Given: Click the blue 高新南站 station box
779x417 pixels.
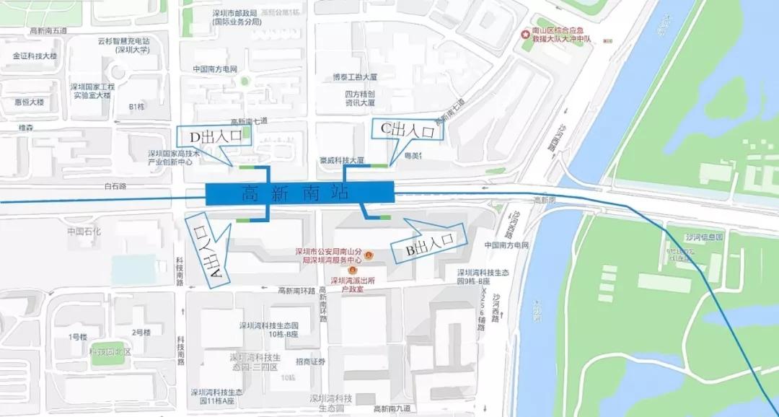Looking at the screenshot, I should (x=299, y=193).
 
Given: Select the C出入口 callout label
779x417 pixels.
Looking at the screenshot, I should (x=407, y=130).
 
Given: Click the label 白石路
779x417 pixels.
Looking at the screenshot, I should (x=115, y=186).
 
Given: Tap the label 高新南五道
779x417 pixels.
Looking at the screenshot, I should (x=48, y=30).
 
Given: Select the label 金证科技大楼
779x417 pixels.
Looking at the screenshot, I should (x=35, y=56).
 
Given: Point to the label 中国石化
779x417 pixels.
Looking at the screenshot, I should (x=84, y=232).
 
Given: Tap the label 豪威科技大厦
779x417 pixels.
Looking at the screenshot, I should (x=342, y=160).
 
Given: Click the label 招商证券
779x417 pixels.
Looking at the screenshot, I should (x=310, y=362).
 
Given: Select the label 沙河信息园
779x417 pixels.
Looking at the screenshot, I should (x=703, y=237).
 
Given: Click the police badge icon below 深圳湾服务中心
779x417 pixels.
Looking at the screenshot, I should (x=352, y=270).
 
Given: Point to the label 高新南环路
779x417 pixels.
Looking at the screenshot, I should (x=296, y=291).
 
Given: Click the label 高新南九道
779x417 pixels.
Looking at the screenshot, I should (x=394, y=409).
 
